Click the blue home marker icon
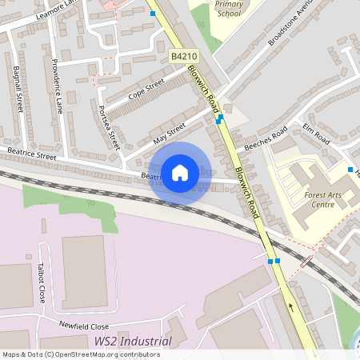point(180,172)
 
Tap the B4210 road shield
point(183,56)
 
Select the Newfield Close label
point(83,325)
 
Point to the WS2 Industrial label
point(133,342)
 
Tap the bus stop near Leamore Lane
point(152,13)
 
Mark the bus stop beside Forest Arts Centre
point(350,170)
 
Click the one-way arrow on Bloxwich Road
point(290,306)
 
